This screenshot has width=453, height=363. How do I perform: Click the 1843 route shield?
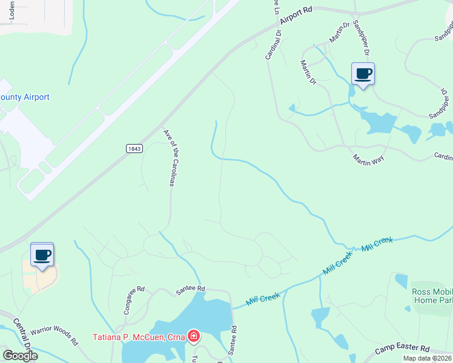coord(134,148)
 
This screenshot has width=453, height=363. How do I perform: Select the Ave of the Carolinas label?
coord(169,157)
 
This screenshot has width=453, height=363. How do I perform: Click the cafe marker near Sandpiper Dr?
coord(363,74)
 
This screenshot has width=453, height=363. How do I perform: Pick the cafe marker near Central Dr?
coord(42,255)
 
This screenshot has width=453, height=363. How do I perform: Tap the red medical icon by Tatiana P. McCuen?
coord(194,336)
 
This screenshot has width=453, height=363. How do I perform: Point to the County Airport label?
coord(25,97)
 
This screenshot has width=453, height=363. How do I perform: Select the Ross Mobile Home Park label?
coord(431,296)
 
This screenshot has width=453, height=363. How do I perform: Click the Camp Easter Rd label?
coord(402,349)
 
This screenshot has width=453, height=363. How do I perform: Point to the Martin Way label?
coord(369,158)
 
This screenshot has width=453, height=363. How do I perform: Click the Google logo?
coord(21,356)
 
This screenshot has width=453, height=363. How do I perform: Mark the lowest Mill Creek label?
coord(263,298)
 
